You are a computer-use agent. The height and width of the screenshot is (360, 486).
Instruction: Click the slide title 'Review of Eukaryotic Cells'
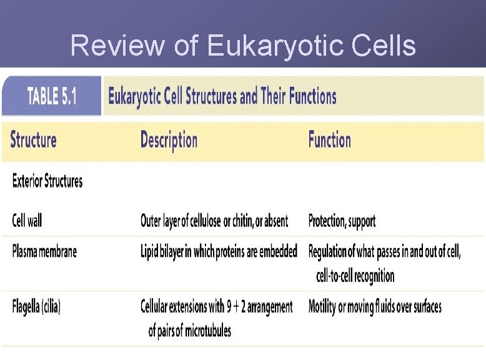tap(243, 46)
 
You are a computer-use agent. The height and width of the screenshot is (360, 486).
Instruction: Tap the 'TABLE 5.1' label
tap(52, 96)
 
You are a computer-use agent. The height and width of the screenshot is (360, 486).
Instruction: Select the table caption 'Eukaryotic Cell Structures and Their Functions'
tap(222, 96)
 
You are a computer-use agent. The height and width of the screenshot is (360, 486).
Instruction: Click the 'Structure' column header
tap(34, 139)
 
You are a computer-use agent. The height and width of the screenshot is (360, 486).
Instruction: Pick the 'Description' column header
tap(169, 139)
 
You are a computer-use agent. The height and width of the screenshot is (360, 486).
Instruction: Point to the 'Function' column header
tap(329, 139)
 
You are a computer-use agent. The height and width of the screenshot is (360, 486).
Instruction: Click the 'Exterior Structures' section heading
tap(47, 182)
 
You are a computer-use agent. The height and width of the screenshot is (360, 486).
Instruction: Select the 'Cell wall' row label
tap(27, 221)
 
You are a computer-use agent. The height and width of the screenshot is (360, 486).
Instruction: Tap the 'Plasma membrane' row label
tap(44, 252)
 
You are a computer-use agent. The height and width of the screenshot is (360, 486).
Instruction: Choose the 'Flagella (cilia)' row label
tap(36, 307)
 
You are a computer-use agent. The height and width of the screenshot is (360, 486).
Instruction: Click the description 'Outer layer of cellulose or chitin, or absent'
tap(214, 221)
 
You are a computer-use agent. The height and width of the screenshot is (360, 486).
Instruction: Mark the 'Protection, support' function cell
tap(342, 221)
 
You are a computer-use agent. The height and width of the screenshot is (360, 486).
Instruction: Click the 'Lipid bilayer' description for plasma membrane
tap(219, 252)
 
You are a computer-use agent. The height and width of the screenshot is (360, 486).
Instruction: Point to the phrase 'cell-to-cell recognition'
tap(355, 275)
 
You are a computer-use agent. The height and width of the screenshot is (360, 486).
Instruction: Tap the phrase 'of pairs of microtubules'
tap(189, 330)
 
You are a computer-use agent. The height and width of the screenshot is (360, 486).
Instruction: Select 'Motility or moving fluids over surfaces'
tap(375, 307)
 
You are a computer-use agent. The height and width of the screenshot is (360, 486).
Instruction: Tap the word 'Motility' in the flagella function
tap(324, 307)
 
